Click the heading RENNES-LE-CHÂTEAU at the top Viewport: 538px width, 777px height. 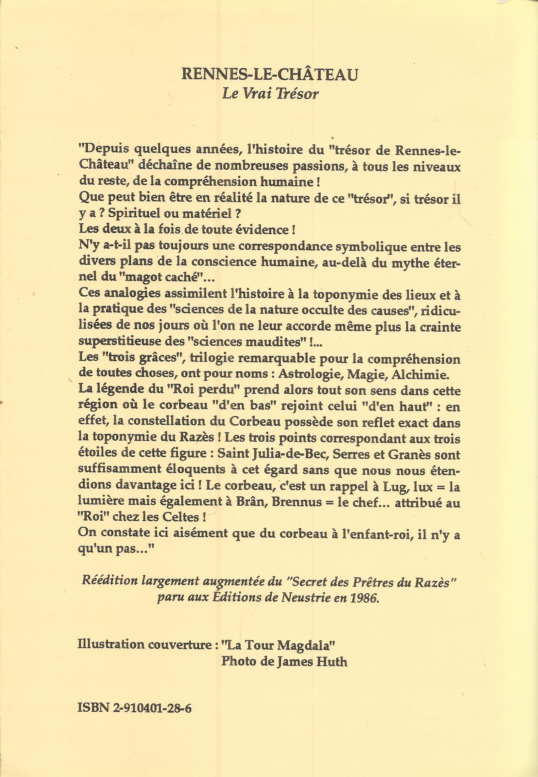[x=269, y=75]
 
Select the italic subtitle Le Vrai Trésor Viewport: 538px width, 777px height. [x=270, y=94]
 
